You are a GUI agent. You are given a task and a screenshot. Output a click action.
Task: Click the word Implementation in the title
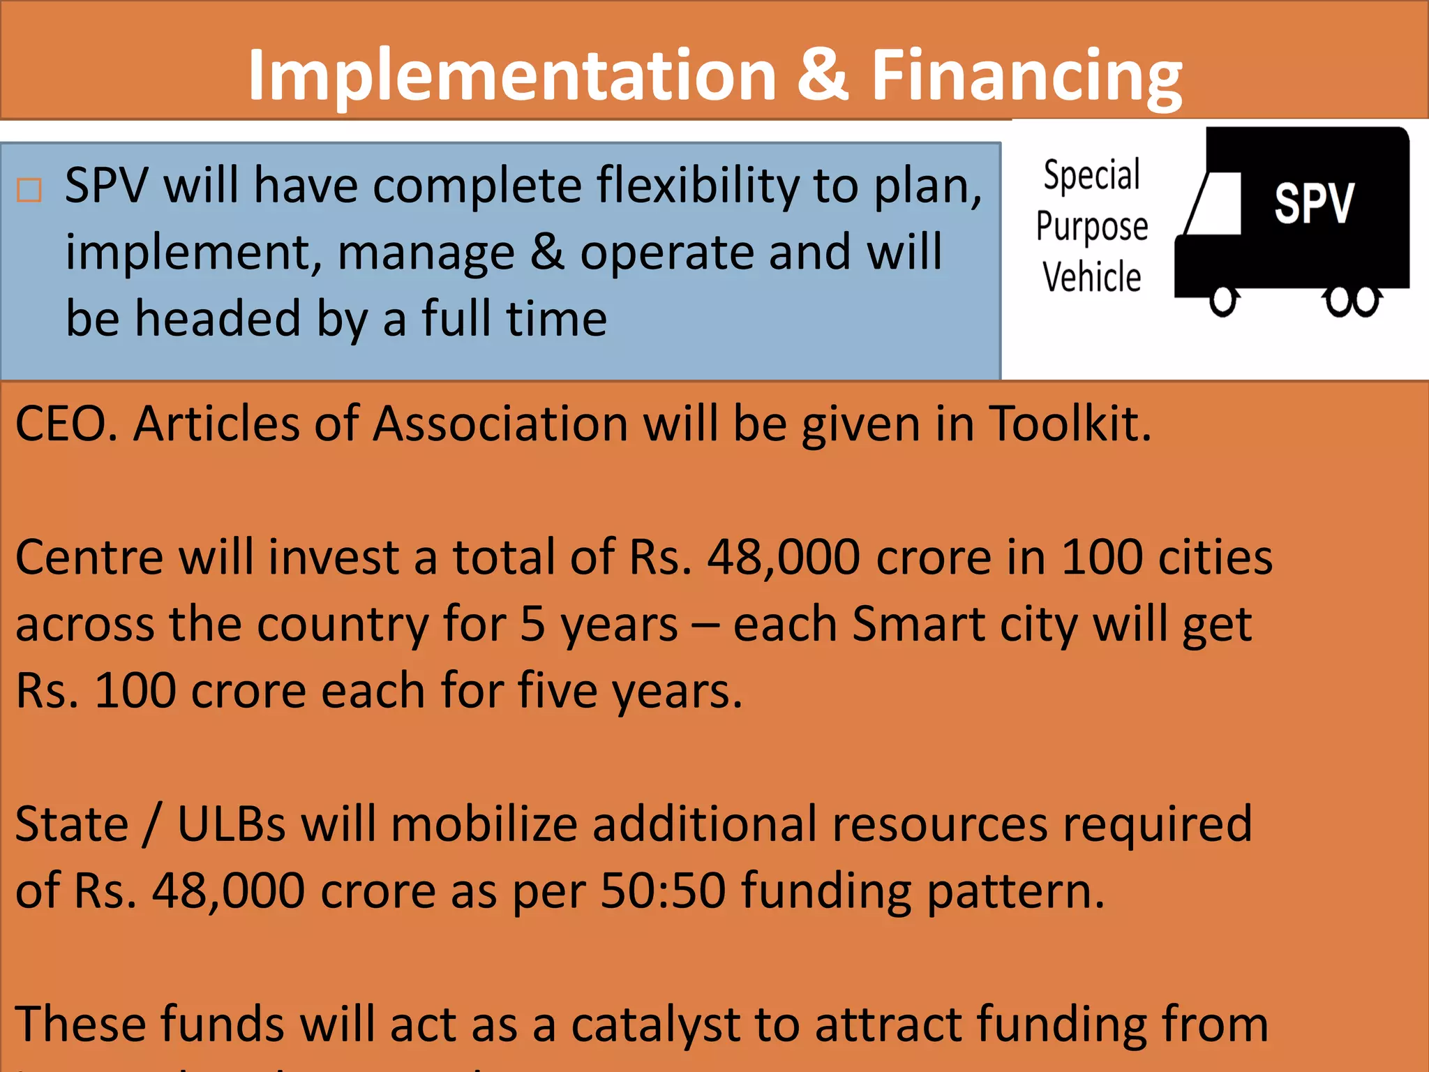tap(513, 75)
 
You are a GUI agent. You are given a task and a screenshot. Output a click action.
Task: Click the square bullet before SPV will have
tap(29, 190)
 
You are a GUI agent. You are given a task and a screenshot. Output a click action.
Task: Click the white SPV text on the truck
tap(1314, 204)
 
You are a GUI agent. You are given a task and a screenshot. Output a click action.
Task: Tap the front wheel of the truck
tap(1223, 300)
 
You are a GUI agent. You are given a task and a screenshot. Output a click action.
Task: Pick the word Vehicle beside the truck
tap(1092, 277)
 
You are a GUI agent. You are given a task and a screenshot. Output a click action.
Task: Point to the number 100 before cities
tap(1101, 558)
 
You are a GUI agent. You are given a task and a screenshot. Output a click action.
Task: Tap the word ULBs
tap(231, 824)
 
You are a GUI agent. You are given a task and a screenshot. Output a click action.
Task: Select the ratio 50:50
tap(663, 891)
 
